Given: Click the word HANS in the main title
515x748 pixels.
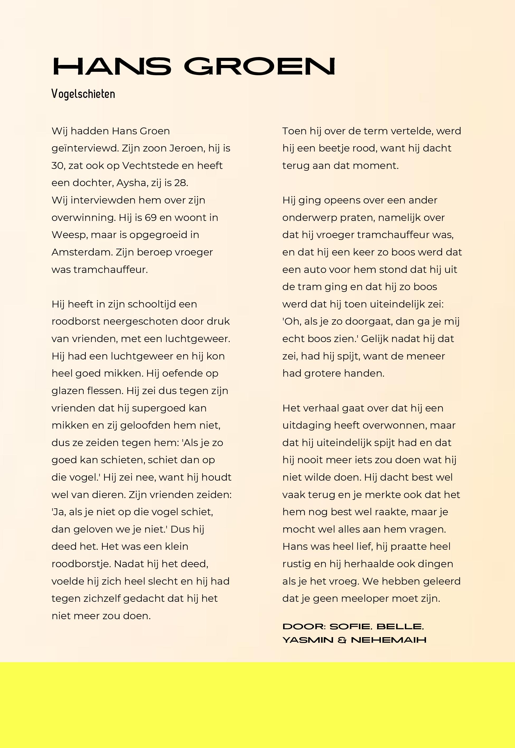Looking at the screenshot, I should [112, 67].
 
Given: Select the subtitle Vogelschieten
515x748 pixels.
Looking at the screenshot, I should [83, 94].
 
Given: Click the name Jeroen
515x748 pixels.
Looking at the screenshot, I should [187, 148].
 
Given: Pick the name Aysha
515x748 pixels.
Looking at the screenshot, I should [131, 183].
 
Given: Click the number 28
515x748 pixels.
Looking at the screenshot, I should [180, 183].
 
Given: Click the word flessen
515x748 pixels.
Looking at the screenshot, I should [105, 391].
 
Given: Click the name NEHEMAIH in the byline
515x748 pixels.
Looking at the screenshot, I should [388, 640].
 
